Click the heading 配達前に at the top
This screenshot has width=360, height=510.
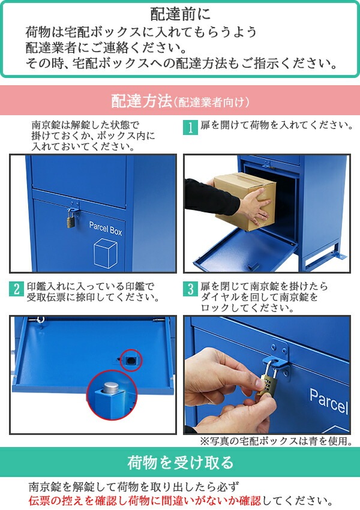pyautogui.click(x=180, y=13)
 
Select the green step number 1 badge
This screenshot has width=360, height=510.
pyautogui.click(x=190, y=127)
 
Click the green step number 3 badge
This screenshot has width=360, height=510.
pyautogui.click(x=190, y=289)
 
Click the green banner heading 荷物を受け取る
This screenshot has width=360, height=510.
pyautogui.click(x=180, y=463)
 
